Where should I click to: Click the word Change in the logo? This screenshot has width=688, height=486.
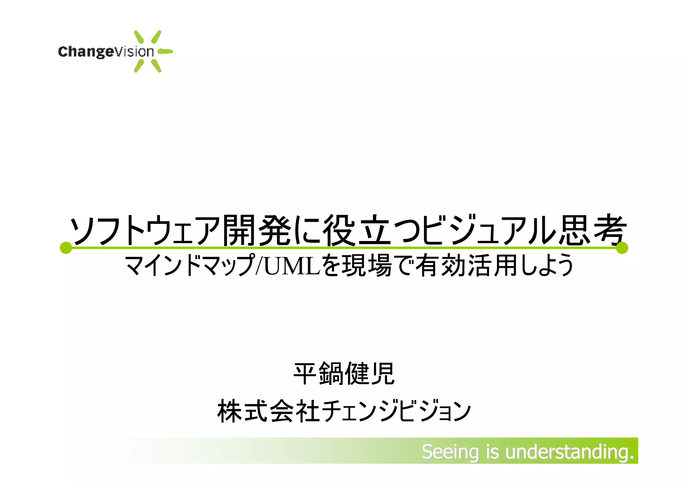click(x=86, y=52)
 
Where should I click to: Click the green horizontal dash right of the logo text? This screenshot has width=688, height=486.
click(x=165, y=51)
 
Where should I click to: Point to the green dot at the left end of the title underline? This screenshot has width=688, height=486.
click(x=66, y=248)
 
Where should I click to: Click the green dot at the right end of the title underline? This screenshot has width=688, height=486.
click(x=622, y=248)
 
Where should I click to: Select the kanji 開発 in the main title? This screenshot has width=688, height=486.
click(x=257, y=230)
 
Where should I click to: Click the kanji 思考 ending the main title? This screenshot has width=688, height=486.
click(x=592, y=230)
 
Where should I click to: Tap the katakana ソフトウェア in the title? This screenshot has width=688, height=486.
click(x=144, y=230)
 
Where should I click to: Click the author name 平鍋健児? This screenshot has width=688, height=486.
click(x=344, y=374)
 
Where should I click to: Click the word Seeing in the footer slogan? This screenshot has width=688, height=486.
click(x=450, y=452)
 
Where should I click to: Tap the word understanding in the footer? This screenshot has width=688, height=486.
click(x=569, y=452)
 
